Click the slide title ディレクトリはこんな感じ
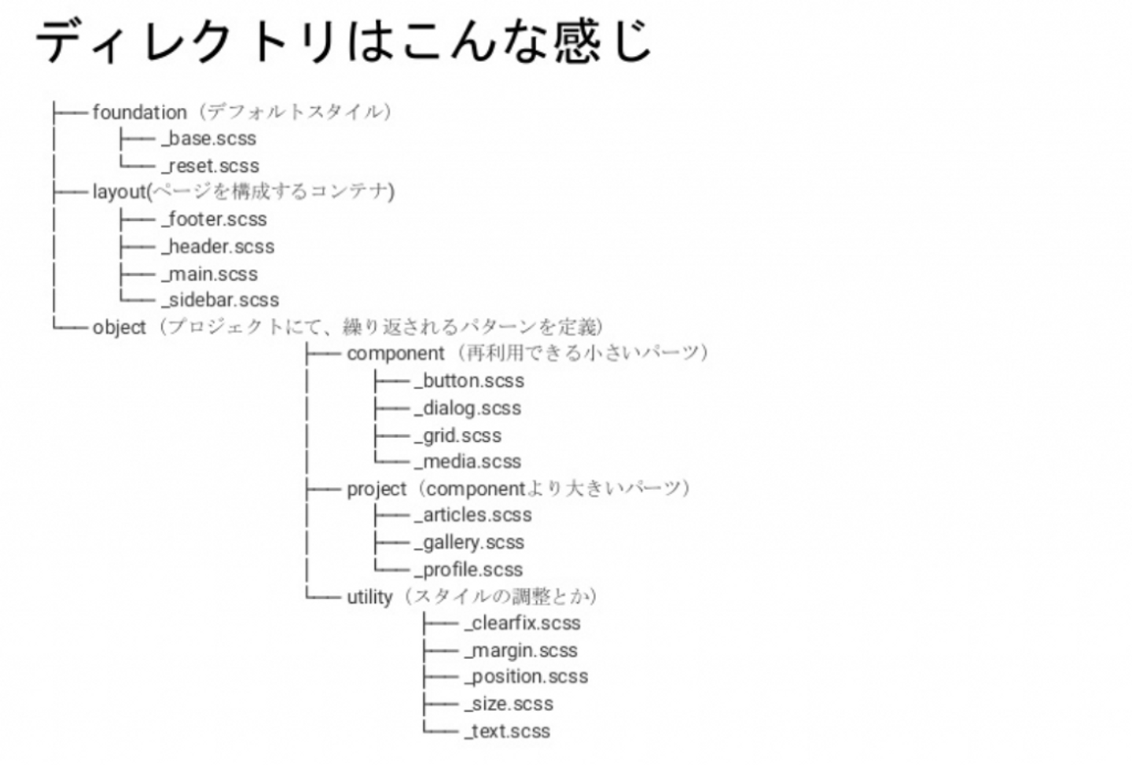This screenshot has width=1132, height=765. click(x=344, y=41)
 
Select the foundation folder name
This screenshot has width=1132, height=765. click(x=139, y=112)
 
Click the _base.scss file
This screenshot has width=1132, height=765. click(x=209, y=139)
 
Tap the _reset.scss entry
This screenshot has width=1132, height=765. click(x=211, y=166)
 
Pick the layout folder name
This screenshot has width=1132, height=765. click(x=119, y=192)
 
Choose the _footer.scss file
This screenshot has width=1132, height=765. click(x=215, y=219)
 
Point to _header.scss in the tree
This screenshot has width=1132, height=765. click(x=219, y=247)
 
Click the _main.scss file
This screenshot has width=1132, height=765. click(x=210, y=274)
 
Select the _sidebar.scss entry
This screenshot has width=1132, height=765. click(x=221, y=300)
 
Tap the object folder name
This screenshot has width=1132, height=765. click(x=119, y=328)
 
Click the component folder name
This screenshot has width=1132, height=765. click(x=395, y=354)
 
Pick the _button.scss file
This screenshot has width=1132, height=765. click(x=469, y=381)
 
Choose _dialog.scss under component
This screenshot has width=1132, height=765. click(x=468, y=409)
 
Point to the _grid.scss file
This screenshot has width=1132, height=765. click(x=458, y=436)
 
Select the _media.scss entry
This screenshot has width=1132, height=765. click(x=468, y=462)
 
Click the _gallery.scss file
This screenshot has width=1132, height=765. click(x=469, y=542)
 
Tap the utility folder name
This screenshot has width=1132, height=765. click(x=369, y=598)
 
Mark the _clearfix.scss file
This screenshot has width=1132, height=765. click(x=523, y=623)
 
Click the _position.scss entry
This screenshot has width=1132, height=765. click(x=526, y=677)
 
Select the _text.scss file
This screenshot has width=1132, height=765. click(x=507, y=731)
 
